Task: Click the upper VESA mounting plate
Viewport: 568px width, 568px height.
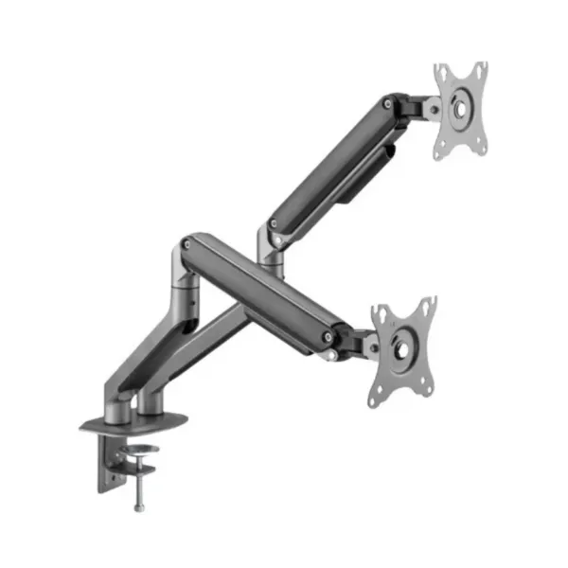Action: [x=460, y=109]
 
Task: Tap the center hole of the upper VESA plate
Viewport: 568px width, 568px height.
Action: [x=460, y=108]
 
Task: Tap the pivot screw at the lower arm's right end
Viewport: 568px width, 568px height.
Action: [x=328, y=335]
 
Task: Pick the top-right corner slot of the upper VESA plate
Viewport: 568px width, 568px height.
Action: [x=482, y=69]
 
